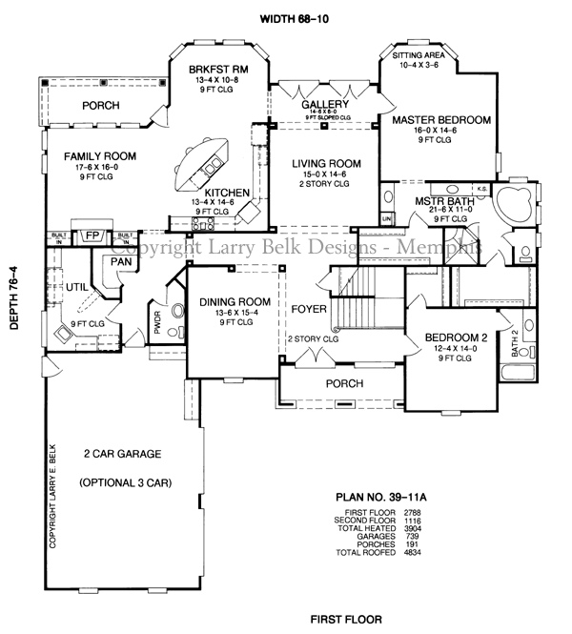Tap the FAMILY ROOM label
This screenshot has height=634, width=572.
pyautogui.click(x=100, y=156)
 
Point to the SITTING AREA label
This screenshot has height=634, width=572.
pyautogui.click(x=425, y=56)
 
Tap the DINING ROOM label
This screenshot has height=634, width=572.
pyautogui.click(x=235, y=302)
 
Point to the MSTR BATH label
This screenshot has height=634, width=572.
pyautogui.click(x=439, y=202)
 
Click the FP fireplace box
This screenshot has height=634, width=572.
pyautogui.click(x=92, y=235)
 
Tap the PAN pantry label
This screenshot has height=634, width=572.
pyautogui.click(x=121, y=260)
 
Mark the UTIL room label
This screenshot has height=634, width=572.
pyautogui.click(x=76, y=286)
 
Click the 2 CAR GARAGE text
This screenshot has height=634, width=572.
pyautogui.click(x=121, y=454)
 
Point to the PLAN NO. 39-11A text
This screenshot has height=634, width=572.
pyautogui.click(x=385, y=497)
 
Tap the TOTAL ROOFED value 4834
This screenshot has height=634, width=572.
pyautogui.click(x=412, y=553)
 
